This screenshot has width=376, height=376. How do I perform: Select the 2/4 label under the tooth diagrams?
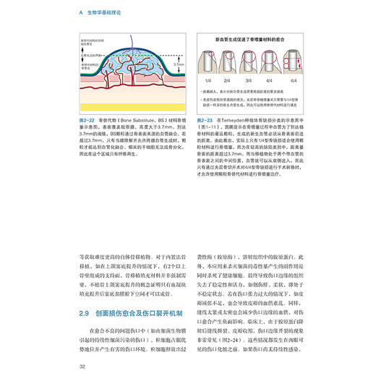coord(232,80)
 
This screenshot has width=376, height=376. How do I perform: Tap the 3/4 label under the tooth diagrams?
coord(256,80)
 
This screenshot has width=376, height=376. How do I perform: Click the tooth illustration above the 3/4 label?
coord(256,61)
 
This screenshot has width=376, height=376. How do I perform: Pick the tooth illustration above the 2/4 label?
coord(232,61)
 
